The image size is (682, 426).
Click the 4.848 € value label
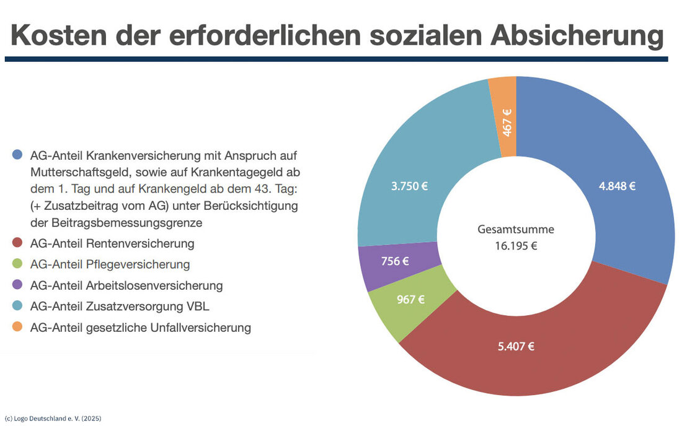coord(617,186)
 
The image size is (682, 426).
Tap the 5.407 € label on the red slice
coord(516,346)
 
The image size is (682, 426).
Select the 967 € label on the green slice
coord(410,300)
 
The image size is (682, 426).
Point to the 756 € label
coord(395,261)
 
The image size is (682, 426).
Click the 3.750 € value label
coord(410,186)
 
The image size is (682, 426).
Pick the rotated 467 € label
coord(507,122)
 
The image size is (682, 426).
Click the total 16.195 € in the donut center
coord(516,245)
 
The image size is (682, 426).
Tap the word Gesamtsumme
coord(516,229)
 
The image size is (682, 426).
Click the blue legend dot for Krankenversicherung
coord(17,154)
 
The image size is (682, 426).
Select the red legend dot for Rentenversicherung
coord(17,243)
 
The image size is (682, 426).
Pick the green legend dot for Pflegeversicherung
coord(17,264)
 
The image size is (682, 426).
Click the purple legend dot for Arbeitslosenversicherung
coord(17,285)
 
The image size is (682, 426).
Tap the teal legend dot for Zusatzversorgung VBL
coord(17,306)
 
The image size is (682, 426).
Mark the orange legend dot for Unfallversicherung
coord(17,328)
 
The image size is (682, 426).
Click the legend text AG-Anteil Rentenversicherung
coord(112,243)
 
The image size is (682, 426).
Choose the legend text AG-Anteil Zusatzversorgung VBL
coord(124,306)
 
